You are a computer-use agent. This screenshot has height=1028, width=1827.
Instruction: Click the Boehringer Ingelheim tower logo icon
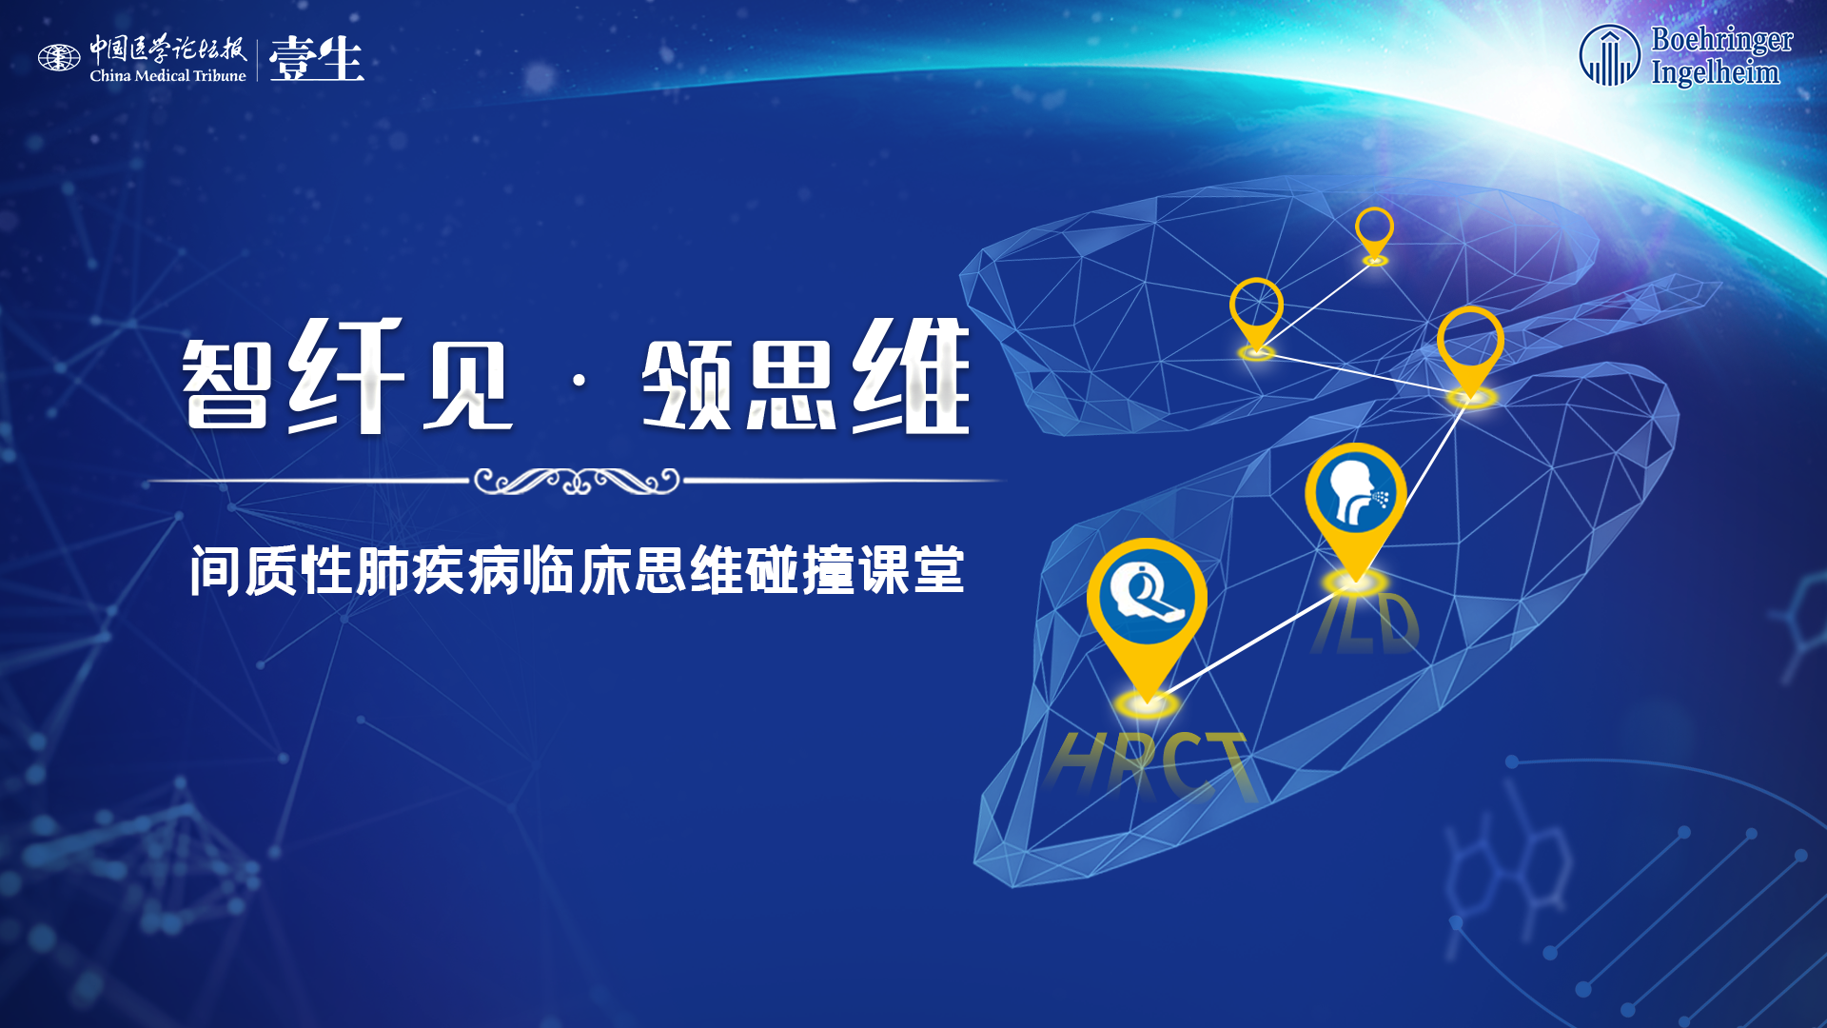pyautogui.click(x=1609, y=55)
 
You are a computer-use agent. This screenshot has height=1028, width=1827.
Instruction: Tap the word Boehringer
pyautogui.click(x=1721, y=41)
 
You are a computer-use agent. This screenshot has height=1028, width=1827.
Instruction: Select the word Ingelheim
pyautogui.click(x=1715, y=72)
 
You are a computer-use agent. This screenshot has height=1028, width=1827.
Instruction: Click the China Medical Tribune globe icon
pyautogui.click(x=59, y=58)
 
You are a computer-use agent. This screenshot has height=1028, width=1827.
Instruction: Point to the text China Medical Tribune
pyautogui.click(x=167, y=75)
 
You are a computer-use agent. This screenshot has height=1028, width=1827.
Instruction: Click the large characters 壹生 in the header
pyautogui.click(x=316, y=59)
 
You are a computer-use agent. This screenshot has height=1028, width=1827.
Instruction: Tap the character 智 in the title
pyautogui.click(x=226, y=383)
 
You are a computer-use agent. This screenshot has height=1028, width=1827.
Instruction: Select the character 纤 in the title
pyautogui.click(x=346, y=375)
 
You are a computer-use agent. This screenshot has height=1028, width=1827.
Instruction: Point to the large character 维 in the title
pyautogui.click(x=911, y=375)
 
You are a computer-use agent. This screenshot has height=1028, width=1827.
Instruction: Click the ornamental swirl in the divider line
pyautogui.click(x=577, y=481)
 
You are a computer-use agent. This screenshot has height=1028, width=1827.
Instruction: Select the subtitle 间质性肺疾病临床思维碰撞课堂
pyautogui.click(x=577, y=570)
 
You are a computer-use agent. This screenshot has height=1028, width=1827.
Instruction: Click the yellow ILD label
pyautogui.click(x=1365, y=623)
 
